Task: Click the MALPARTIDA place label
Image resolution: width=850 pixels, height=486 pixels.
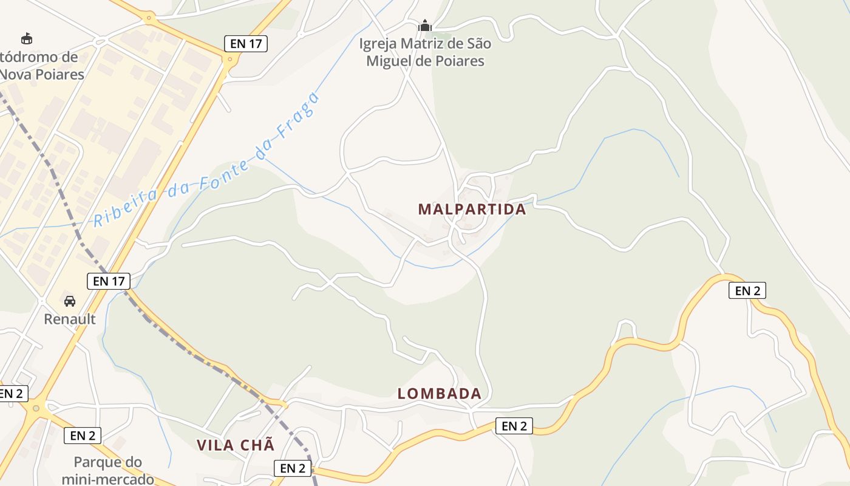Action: click(472, 209)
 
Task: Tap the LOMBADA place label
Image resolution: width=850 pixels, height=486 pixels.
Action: click(440, 394)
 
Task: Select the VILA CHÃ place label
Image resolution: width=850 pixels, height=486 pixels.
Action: click(236, 445)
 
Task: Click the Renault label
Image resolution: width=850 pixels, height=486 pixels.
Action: click(70, 319)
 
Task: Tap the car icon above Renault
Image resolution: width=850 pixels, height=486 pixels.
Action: click(70, 301)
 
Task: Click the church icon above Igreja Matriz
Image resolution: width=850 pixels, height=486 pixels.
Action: click(425, 26)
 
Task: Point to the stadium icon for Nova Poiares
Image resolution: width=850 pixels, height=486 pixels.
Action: click(27, 38)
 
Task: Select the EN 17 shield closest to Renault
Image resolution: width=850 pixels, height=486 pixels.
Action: click(109, 281)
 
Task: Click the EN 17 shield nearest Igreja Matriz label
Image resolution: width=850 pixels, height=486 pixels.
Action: click(246, 43)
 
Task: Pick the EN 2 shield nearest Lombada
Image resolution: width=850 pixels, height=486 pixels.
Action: click(514, 426)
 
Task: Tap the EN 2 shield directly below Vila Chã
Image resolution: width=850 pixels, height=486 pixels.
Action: click(293, 468)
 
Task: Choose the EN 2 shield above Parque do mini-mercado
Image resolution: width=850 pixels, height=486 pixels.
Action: click(82, 435)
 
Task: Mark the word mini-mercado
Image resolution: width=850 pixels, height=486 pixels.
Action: click(107, 479)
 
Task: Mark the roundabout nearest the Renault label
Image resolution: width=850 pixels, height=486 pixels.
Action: click(37, 408)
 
